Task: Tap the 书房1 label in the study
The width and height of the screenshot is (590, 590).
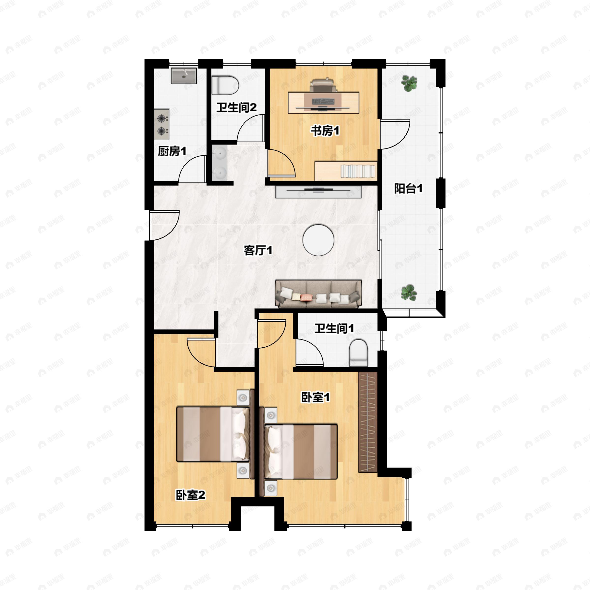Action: [325, 131]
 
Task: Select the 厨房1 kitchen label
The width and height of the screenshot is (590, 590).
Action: [172, 151]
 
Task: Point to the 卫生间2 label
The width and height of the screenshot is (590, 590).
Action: [236, 107]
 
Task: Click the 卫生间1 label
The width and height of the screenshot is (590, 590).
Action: [334, 329]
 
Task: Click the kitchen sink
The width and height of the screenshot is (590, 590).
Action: [184, 75]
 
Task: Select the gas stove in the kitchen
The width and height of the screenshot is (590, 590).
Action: [162, 125]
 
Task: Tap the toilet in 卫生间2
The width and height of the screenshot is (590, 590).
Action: [225, 85]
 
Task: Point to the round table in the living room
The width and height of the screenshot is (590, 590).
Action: [318, 240]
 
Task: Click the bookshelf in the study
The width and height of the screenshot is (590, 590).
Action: [346, 171]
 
